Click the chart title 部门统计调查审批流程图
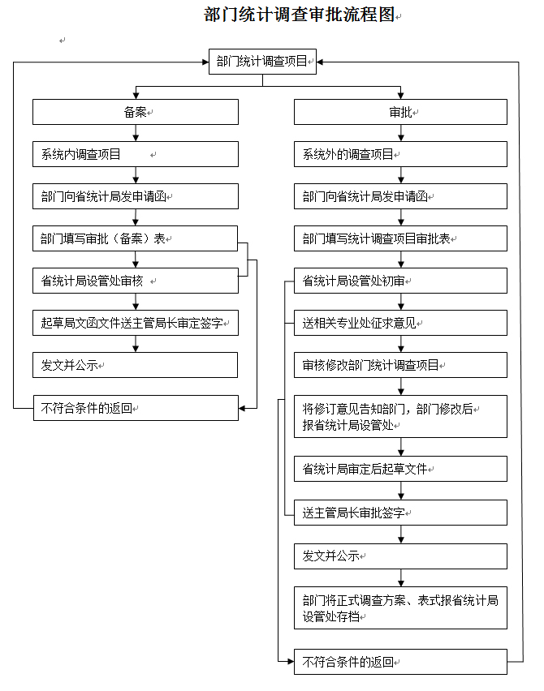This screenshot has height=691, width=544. coord(299,15)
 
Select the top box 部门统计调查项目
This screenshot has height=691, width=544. coord(262,62)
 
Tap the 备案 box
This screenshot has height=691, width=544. coord(136,112)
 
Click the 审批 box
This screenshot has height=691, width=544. coord(400,112)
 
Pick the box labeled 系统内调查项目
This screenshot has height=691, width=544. coord(136,154)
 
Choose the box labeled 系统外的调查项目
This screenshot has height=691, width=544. coord(400,154)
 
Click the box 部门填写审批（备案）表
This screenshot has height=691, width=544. coord(135,238)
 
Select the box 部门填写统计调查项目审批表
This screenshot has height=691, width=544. coord(400,238)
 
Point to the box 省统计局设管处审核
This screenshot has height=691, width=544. coord(136,281)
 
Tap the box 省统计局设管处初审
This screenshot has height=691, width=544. coord(400,281)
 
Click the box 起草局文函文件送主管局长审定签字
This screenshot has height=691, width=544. coord(136,323)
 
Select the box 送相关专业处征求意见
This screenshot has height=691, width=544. coord(400,323)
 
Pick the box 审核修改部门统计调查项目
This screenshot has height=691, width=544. coord(400,365)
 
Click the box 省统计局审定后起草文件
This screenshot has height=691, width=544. coord(400,469)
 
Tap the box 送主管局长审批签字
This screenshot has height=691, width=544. coord(400,513)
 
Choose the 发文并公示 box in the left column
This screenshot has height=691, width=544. coord(135,365)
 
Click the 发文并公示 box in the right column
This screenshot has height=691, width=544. coord(400,556)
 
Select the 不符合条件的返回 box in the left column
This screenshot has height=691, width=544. coord(136,408)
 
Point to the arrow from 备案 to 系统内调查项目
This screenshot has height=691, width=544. coord(136,133)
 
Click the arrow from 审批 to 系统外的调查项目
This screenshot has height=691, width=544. coord(401,133)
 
